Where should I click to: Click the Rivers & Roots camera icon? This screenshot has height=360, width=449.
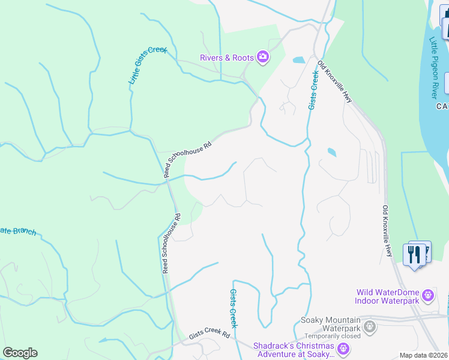point(263,58)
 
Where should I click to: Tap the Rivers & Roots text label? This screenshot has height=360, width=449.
point(227,58)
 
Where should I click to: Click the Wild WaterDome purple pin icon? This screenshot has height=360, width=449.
point(427,295)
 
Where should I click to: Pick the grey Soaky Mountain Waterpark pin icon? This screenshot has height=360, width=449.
point(370,327)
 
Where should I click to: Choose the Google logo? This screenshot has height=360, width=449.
point(20,353)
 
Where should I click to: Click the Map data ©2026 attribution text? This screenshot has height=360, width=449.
point(423,355)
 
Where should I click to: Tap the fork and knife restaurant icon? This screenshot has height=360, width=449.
point(414,254)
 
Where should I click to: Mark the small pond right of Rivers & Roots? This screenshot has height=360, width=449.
point(298,60)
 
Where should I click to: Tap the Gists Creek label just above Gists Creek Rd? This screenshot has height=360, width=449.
point(234,308)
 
